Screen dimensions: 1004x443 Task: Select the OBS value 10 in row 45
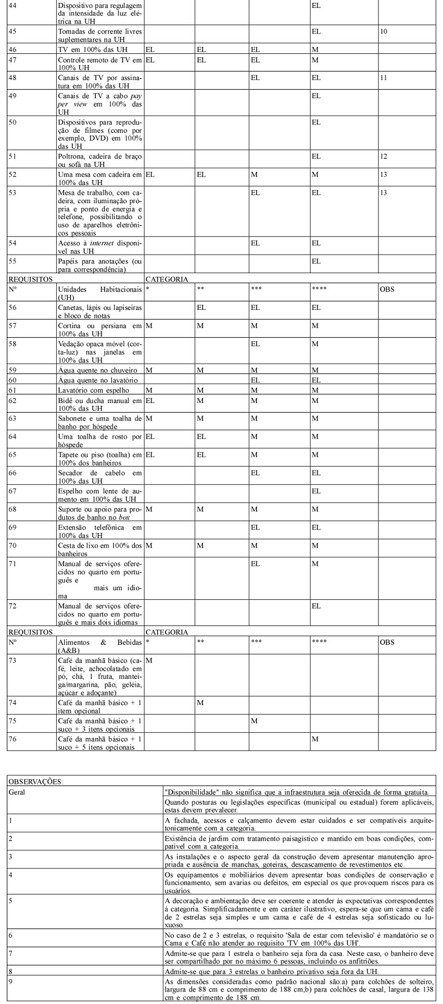[384, 31]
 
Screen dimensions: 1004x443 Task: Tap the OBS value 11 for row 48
[384, 77]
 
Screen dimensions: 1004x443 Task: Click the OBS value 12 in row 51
[384, 156]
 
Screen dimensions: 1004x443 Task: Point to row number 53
[12, 193]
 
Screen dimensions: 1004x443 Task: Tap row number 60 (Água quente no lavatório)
[12, 380]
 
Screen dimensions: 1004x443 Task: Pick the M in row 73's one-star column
[149, 661]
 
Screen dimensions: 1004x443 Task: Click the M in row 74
[200, 703]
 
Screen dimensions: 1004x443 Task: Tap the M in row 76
[315, 739]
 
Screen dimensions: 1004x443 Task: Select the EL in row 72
[316, 606]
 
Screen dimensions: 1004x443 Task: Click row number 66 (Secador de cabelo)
[12, 473]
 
